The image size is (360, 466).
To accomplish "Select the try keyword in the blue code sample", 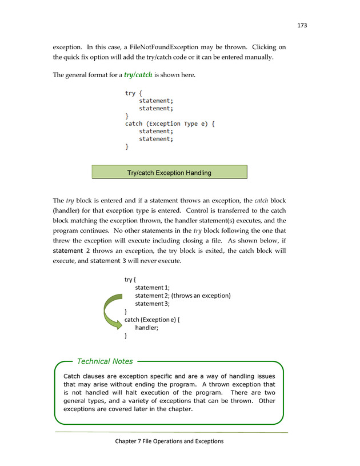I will [x=130, y=93].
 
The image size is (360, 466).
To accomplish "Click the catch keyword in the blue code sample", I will [x=137, y=124].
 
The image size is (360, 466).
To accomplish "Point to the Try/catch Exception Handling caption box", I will [x=169, y=173].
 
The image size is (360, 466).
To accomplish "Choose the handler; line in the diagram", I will [x=146, y=328].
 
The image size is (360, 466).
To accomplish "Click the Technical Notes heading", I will [x=105, y=361].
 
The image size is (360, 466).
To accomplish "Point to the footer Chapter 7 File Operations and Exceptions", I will [x=170, y=441].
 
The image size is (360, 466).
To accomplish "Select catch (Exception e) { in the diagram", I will [x=153, y=320].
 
